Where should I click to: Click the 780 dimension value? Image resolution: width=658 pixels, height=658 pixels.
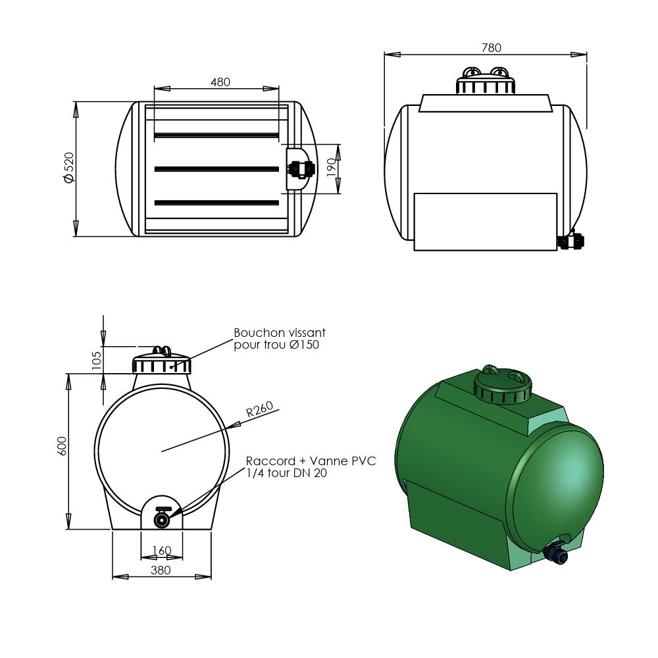coord(491,47)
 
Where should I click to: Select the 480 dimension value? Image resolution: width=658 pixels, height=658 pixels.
coord(220,82)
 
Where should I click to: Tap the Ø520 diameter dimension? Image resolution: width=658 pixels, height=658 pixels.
coord(68,169)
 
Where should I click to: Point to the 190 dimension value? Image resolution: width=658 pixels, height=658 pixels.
coord(332,169)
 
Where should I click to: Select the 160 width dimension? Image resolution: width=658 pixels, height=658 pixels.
coord(161,550)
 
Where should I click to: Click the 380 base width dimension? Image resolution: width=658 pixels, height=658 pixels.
coord(161,570)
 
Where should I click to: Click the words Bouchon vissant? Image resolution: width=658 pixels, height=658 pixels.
coord(280,334)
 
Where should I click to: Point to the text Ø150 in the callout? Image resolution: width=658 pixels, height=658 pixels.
coord(304,345)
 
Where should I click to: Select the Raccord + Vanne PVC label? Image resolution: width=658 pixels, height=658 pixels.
coord(311,461)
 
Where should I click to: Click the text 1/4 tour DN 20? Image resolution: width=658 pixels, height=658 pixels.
coord(286,472)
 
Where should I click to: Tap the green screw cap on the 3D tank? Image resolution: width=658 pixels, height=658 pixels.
coord(503,384)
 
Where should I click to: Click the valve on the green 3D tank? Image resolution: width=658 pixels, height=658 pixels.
coord(557,553)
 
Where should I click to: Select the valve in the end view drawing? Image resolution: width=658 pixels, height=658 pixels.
coord(162,518)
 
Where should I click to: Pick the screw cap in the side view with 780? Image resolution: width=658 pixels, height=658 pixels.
coord(486,82)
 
